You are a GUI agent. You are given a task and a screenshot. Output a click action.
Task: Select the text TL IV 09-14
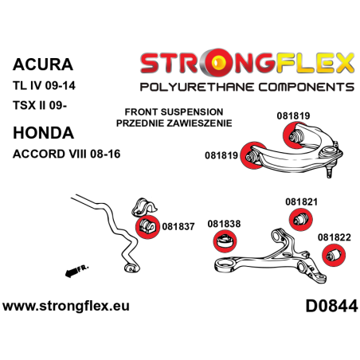[x=46, y=85]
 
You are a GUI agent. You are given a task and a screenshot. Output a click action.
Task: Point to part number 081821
[x=302, y=180]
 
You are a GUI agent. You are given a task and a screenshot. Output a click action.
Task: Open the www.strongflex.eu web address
[x=67, y=306]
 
